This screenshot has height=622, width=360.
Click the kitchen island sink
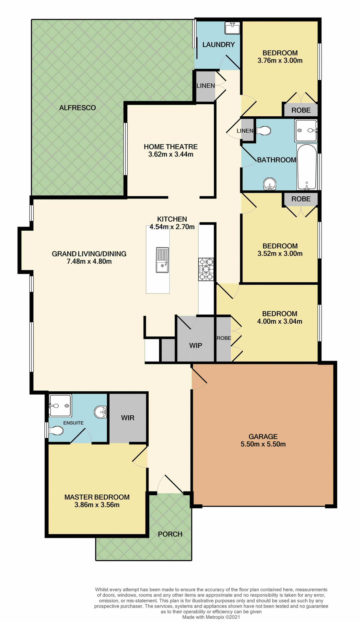point(162,260)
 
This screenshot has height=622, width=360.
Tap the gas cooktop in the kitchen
point(206,269)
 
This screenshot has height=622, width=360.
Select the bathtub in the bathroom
point(307,167)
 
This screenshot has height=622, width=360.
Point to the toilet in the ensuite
point(56,431)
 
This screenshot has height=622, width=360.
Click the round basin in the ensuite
point(100,412)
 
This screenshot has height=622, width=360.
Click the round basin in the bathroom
point(270,184)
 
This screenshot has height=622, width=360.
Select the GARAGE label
point(263,436)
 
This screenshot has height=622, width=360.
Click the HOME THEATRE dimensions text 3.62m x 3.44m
point(171,155)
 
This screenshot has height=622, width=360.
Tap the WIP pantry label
point(195,345)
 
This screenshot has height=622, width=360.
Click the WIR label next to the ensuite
point(128,418)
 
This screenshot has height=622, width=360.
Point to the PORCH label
point(170,534)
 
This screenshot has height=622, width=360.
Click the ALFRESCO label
point(77,108)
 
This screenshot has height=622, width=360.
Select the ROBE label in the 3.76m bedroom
point(301,110)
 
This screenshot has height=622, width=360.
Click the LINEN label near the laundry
point(205,86)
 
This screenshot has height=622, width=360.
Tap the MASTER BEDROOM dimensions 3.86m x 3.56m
point(97,505)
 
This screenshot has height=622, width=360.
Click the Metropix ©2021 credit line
point(211,617)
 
